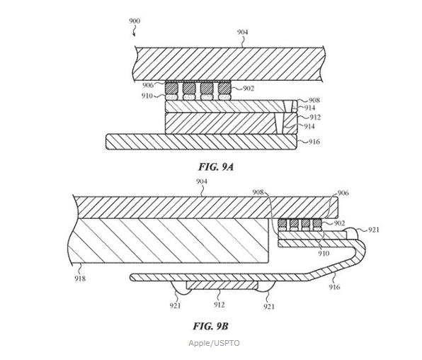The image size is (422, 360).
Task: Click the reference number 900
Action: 135,21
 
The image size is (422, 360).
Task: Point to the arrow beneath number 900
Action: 134,33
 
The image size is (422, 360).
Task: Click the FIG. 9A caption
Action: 216,167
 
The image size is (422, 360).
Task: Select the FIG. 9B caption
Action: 210,326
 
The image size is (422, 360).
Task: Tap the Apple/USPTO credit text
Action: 214,343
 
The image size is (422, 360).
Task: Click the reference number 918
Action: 80,278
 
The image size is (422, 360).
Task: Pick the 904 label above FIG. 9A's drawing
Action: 242,33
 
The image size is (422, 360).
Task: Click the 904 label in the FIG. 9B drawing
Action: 202,181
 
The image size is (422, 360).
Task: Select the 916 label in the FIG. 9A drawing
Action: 314,142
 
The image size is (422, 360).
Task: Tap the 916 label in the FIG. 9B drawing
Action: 334,287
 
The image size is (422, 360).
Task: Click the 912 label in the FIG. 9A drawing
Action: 315,118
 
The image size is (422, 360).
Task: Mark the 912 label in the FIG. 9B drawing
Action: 219,305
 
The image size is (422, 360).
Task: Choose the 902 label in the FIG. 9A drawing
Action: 248,89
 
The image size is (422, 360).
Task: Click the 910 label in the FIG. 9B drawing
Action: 324,253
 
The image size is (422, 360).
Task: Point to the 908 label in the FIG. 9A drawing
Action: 314,100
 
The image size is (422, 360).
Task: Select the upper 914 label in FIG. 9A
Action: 309,108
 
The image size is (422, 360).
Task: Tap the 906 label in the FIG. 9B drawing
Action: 343,193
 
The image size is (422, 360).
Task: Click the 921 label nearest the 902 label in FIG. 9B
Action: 373,230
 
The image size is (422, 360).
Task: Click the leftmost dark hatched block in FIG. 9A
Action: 171,88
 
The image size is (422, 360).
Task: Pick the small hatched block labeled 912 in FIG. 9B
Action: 222,286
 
